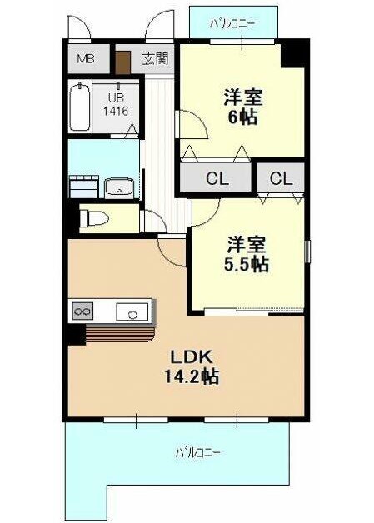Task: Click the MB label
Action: [x=86, y=59]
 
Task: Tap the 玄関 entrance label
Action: [x=155, y=59]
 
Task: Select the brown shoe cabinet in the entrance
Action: [x=122, y=62]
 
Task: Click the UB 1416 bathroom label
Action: [x=115, y=104]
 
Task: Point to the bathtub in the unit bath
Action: [x=80, y=107]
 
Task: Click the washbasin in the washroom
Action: [x=119, y=188]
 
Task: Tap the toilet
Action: [x=94, y=218]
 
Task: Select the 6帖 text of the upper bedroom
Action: [x=242, y=117]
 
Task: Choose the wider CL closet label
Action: [x=217, y=178]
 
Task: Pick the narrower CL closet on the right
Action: [x=281, y=178]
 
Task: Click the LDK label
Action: [x=192, y=357]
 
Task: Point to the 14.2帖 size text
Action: [x=192, y=377]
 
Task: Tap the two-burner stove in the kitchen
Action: [x=82, y=311]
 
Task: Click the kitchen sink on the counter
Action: [x=132, y=311]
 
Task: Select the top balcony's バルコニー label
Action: [x=232, y=23]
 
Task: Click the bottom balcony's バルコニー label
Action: [x=198, y=452]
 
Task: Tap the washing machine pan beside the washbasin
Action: [x=84, y=187]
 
